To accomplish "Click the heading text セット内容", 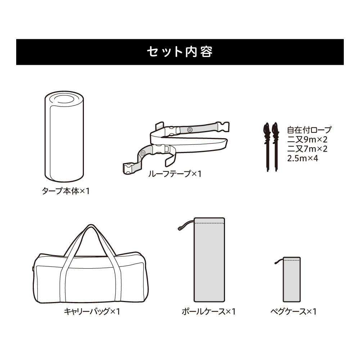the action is coord(180,52).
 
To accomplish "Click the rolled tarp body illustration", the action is coord(64,136).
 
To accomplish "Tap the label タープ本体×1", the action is coord(66,191).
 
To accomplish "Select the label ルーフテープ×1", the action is coord(175,174).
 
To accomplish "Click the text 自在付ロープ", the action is coord(309,130).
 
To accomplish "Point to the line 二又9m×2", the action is coord(307,139).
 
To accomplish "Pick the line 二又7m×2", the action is coord(307,149).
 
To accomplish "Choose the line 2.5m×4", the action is coord(303,158).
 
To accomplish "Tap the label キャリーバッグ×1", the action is coord(92,311).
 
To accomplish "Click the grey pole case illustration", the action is coord(210,260).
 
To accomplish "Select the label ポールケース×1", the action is coord(208,311).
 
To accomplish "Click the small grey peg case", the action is coord(292,279).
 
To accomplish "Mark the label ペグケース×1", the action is coord(293,311).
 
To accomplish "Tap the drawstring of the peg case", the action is coord(279,261).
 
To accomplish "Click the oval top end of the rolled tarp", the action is coord(64,99).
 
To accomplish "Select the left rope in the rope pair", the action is coord(267,147).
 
